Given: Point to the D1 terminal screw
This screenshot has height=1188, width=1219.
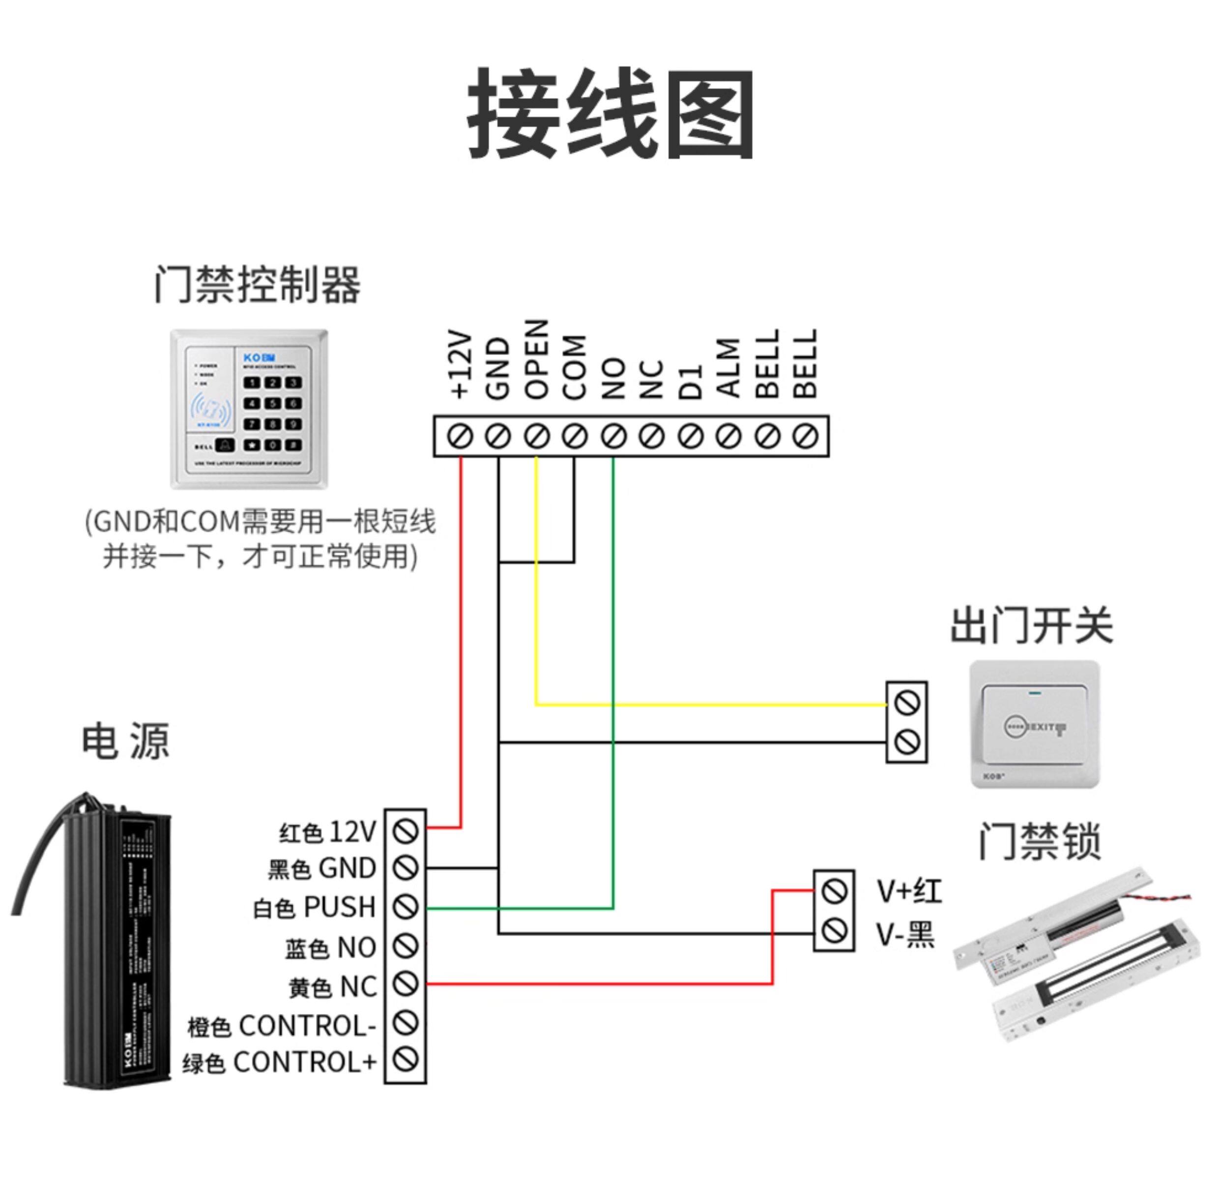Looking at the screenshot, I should [690, 436].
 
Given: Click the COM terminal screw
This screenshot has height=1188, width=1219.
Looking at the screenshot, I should [575, 436].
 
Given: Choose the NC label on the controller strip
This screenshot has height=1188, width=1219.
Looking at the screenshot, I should [651, 379].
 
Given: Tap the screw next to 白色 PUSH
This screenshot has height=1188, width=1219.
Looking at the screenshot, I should [406, 907].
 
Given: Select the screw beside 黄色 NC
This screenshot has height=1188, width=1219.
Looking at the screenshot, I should [406, 984].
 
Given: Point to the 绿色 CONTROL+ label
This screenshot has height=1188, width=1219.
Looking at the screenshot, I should [280, 1063].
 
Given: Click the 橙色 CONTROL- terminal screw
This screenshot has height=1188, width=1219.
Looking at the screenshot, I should [406, 1023].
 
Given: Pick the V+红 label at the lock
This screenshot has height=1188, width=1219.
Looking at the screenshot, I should [909, 891].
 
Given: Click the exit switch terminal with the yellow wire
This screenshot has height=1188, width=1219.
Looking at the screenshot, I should [906, 704].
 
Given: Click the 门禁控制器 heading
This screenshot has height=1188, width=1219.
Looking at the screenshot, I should [258, 285].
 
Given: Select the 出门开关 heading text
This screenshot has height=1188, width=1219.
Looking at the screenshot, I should [1032, 626].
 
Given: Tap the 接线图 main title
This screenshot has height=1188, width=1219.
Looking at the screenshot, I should [610, 114].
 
